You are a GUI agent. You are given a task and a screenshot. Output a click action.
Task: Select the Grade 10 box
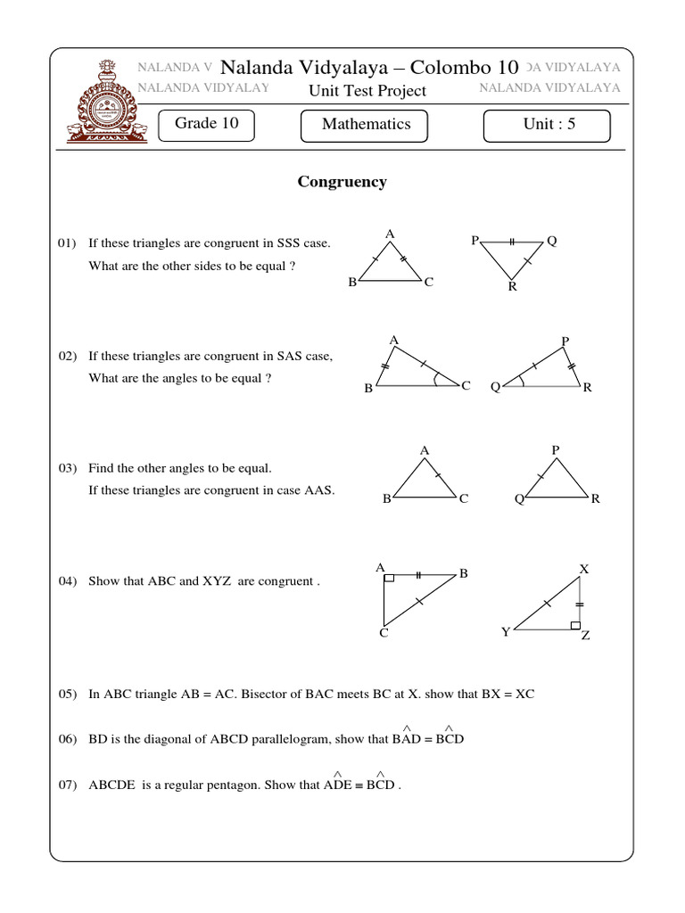[206, 124]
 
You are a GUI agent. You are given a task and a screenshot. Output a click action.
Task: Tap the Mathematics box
[366, 125]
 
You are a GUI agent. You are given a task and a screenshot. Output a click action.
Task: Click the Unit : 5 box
[547, 125]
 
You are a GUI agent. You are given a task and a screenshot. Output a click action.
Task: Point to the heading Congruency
[342, 182]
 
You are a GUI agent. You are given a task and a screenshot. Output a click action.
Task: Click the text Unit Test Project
[367, 91]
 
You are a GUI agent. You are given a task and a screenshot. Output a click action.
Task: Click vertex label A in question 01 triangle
[389, 234]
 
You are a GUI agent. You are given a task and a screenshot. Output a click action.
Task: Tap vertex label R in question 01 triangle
[512, 287]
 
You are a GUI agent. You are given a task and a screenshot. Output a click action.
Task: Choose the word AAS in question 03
[319, 489]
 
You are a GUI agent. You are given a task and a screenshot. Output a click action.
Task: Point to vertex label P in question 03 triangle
[555, 450]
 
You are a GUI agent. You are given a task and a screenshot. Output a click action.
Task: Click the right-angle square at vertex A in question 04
[389, 579]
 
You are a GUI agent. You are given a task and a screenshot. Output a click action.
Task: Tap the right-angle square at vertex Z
[575, 626]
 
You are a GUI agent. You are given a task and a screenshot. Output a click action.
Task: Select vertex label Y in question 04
[506, 632]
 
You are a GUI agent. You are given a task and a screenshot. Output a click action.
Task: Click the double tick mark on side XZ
[579, 605]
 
